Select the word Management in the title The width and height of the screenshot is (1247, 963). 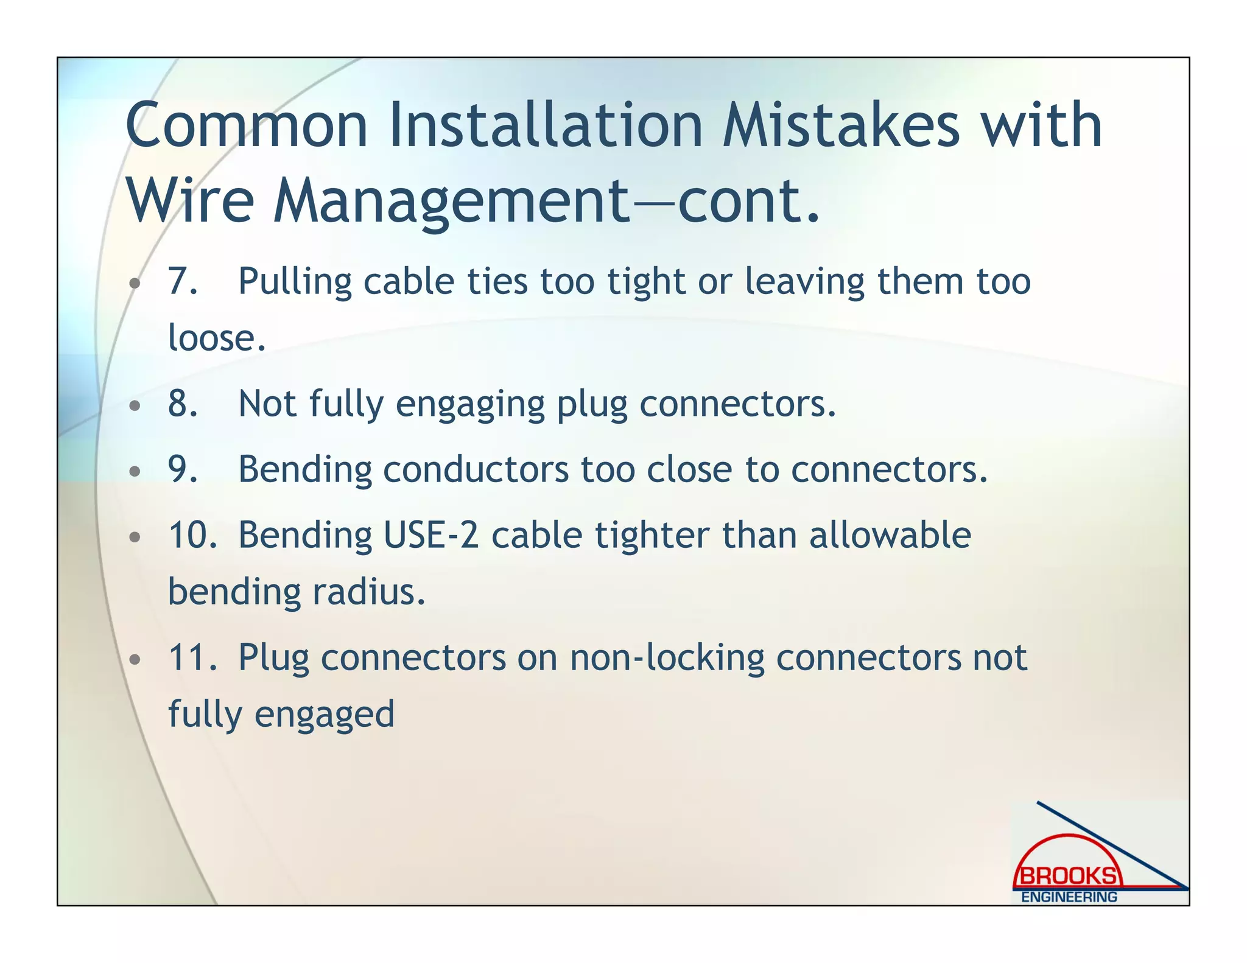pyautogui.click(x=451, y=202)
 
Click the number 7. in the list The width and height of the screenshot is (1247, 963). pyautogui.click(x=183, y=282)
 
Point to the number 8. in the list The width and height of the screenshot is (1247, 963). pyautogui.click(x=183, y=404)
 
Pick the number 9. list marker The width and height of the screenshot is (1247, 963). pyautogui.click(x=183, y=469)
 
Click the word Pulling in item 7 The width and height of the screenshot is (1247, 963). pyautogui.click(x=295, y=282)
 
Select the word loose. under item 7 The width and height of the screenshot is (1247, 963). pyautogui.click(x=217, y=338)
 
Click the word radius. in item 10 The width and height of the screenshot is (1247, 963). pyautogui.click(x=369, y=592)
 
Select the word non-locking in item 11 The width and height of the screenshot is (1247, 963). pyautogui.click(x=667, y=657)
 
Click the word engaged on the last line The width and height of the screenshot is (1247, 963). pyautogui.click(x=325, y=715)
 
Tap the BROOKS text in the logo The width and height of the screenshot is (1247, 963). pyautogui.click(x=1069, y=877)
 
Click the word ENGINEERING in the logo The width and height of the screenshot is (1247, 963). pyautogui.click(x=1069, y=897)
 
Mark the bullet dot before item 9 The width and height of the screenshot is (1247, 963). pyautogui.click(x=135, y=471)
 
